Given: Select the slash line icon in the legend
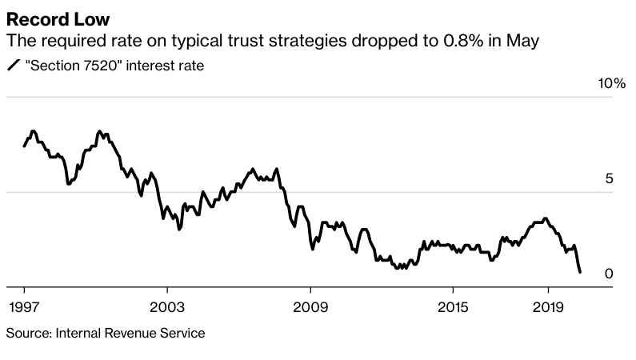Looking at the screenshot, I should point(13,66).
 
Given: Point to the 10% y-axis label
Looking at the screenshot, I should point(610,84).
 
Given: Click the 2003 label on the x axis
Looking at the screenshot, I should point(166,308).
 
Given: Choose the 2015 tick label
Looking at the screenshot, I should point(452,308).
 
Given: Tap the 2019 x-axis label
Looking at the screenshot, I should point(548,308).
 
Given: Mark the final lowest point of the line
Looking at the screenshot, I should point(580,273).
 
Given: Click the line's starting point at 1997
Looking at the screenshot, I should point(24,146).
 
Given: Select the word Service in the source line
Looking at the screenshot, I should point(184,333).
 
